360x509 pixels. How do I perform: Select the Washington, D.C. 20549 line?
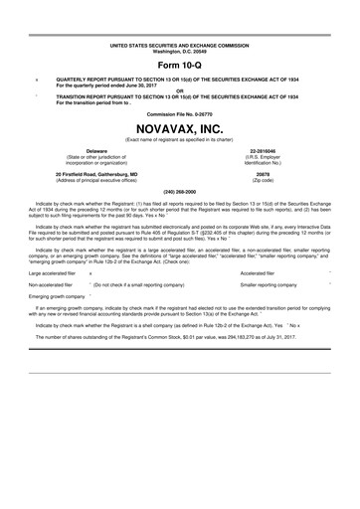coord(179,52)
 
